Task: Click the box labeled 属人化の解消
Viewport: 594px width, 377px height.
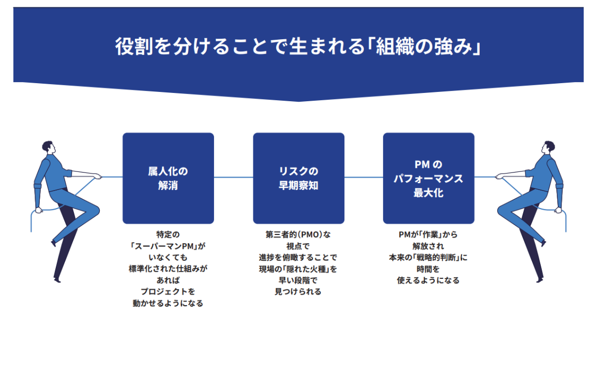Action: pos(168,178)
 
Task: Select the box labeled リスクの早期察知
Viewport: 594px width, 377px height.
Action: pos(298,178)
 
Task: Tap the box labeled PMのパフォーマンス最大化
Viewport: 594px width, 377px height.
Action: pos(429,178)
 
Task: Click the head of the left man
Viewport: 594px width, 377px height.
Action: pos(48,147)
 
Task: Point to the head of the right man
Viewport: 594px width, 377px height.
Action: pos(549,147)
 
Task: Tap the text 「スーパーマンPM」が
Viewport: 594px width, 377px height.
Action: pos(168,246)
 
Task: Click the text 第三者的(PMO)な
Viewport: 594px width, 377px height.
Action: pos(298,234)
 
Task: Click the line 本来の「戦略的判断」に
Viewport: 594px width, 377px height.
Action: pos(429,257)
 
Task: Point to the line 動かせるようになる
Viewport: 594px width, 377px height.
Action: pos(168,304)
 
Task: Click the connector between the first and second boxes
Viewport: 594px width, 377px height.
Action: pos(233,177)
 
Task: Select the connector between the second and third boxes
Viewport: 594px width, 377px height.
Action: pos(363,177)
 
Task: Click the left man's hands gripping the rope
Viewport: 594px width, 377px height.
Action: pos(96,176)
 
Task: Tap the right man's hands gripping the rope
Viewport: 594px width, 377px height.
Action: pos(500,176)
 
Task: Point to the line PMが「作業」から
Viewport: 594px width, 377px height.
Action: pos(429,234)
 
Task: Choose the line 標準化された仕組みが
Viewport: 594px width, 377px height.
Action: pos(168,269)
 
